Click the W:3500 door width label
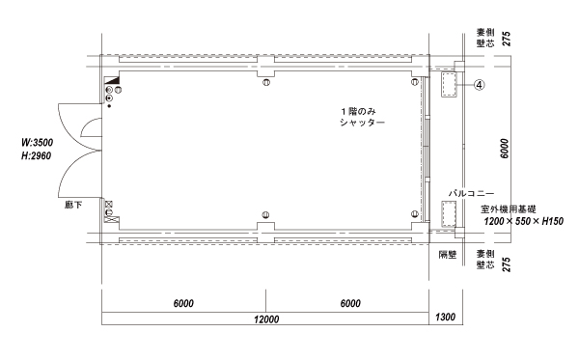pyautogui.click(x=38, y=143)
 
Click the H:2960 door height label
pyautogui.click(x=37, y=155)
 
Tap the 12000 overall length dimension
pyautogui.click(x=266, y=319)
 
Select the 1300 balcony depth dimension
pyautogui.click(x=445, y=317)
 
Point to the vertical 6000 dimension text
pyautogui.click(x=505, y=149)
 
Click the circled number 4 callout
pyautogui.click(x=479, y=85)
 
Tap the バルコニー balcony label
pyautogui.click(x=471, y=193)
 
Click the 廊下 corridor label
pyautogui.click(x=73, y=205)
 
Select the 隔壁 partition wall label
pyautogui.click(x=448, y=255)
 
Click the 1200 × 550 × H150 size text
pyautogui.click(x=524, y=221)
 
